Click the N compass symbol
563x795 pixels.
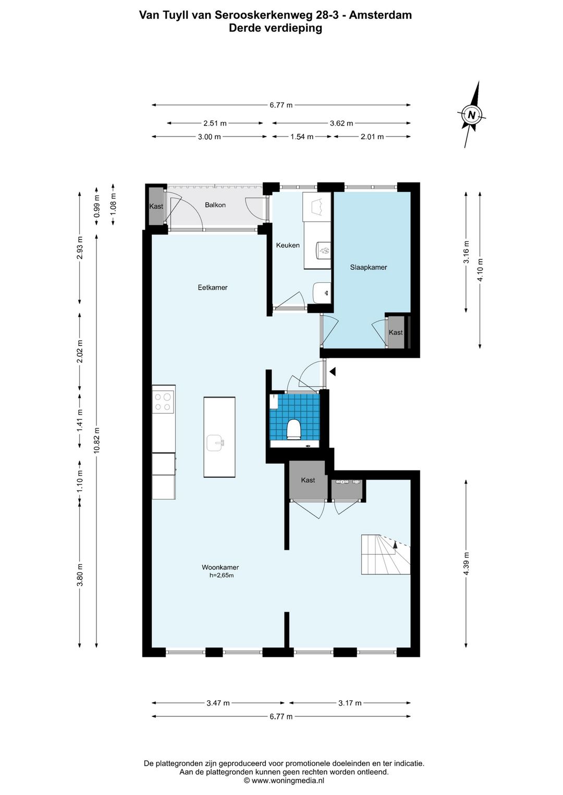click(472, 115)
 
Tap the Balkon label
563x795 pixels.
click(215, 205)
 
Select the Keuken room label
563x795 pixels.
click(288, 245)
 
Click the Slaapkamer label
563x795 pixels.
click(369, 267)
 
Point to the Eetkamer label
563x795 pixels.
click(212, 288)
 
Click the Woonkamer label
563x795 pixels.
click(220, 567)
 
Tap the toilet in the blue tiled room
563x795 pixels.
click(294, 429)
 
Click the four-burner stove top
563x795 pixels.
click(163, 402)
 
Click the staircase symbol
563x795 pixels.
click(386, 554)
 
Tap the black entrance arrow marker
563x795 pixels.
click(332, 371)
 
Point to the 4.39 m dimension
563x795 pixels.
click(466, 564)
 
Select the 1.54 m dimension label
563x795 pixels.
click(302, 136)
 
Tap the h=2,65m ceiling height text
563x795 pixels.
click(222, 575)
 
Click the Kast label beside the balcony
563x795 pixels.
click(156, 206)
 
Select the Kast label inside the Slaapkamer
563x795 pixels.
click(396, 332)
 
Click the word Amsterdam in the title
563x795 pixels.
click(381, 15)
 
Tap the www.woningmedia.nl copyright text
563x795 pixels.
click(284, 780)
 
